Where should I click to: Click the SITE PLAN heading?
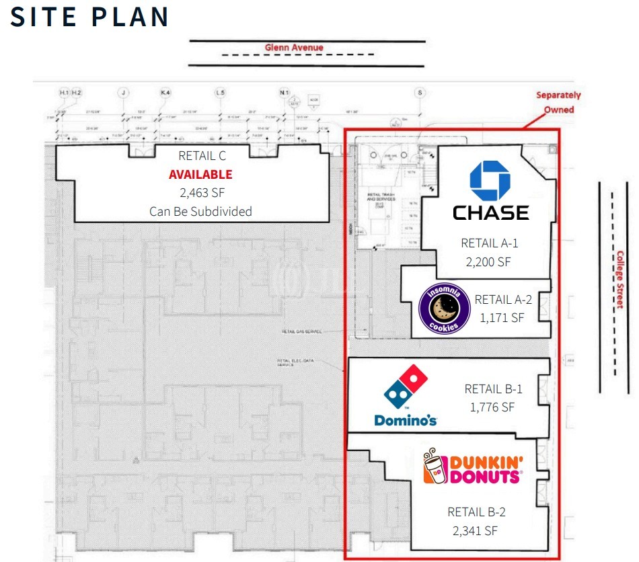point(89,17)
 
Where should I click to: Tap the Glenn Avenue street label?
point(294,48)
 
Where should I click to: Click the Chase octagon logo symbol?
point(490,182)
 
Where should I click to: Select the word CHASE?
point(490,212)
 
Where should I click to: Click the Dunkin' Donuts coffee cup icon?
point(434,468)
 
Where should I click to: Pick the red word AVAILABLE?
point(200,175)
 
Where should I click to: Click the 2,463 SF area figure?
point(200,193)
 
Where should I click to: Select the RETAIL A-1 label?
point(490,243)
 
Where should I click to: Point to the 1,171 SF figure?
point(502,317)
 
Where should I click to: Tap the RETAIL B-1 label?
point(493,389)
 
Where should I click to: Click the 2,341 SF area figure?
point(476,530)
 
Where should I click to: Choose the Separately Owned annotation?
point(558,102)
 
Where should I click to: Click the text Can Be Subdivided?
point(200,211)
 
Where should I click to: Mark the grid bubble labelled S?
point(421,92)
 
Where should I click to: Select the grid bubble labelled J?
point(122,92)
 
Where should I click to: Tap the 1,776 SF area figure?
point(492,407)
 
